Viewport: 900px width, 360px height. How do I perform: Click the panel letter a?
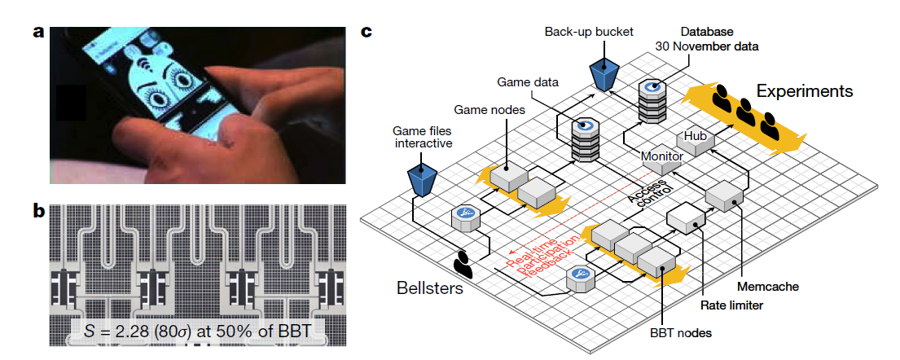[38, 33]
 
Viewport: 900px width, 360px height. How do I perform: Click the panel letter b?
[38, 211]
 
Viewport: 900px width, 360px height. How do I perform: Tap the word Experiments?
[805, 90]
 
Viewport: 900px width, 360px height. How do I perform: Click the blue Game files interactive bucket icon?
[422, 179]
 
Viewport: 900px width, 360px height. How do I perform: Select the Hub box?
[696, 136]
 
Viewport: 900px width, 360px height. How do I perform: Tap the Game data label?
[529, 81]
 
